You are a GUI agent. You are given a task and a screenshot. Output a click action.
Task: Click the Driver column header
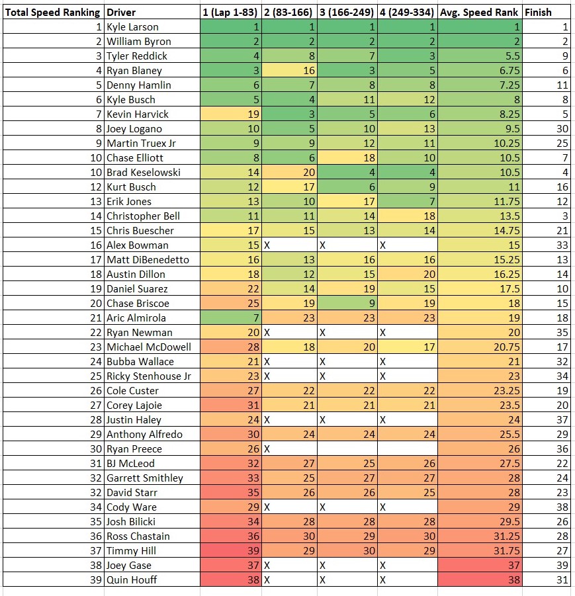click(120, 12)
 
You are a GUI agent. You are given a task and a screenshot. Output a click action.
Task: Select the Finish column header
click(537, 12)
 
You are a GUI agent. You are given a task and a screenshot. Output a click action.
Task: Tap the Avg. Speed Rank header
click(478, 12)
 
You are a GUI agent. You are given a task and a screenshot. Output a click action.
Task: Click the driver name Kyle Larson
click(132, 27)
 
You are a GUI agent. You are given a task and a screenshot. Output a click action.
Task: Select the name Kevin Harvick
click(137, 114)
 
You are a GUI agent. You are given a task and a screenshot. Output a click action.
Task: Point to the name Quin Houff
click(132, 580)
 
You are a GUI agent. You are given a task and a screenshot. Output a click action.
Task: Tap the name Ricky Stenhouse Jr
click(148, 376)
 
